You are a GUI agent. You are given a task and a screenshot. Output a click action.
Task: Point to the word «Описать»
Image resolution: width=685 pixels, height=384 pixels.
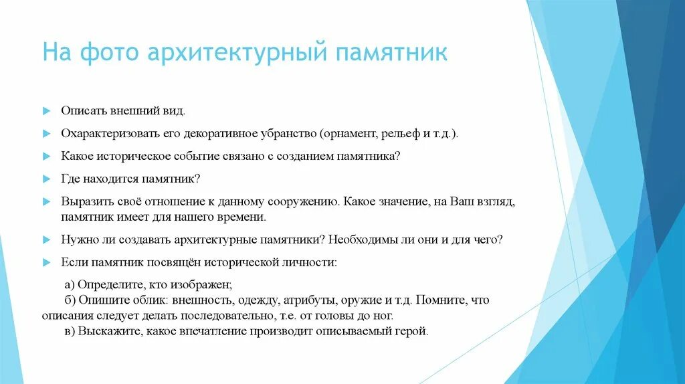(x=82, y=110)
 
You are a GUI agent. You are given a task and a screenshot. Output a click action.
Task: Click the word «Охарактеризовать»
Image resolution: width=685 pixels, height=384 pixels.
(x=110, y=134)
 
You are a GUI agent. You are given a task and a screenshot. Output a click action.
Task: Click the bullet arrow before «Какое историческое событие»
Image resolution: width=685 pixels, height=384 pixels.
(x=46, y=157)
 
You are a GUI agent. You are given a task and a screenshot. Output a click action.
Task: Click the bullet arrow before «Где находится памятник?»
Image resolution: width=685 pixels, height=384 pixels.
(x=46, y=180)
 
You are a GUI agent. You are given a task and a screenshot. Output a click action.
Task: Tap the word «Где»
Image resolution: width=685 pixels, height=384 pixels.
(x=71, y=179)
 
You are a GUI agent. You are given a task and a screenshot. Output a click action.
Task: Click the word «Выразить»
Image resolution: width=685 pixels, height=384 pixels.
(x=85, y=201)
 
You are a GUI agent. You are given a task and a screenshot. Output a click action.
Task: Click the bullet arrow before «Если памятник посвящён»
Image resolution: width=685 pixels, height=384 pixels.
(x=46, y=262)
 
